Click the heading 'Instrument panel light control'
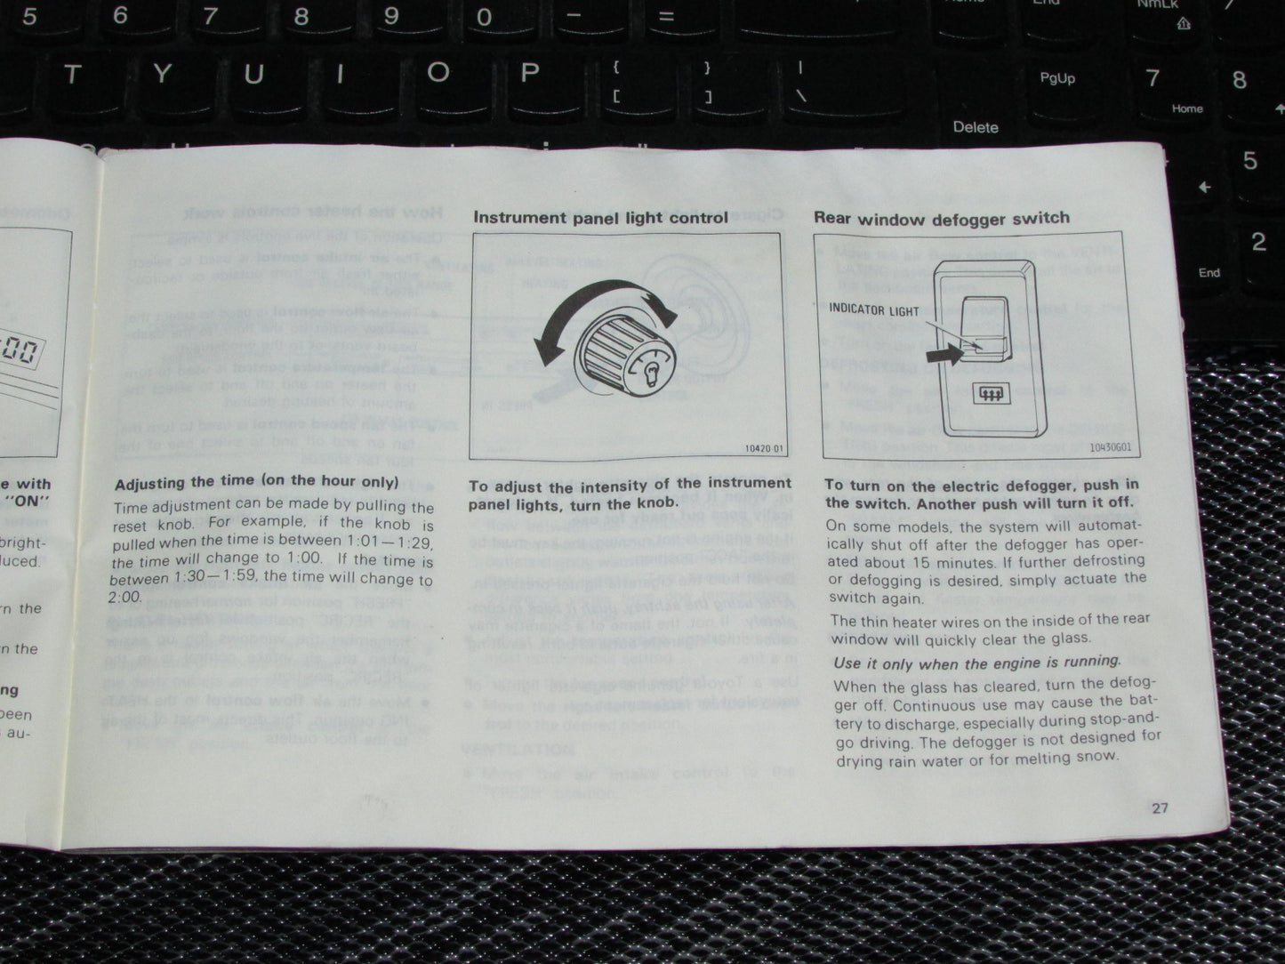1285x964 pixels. click(x=600, y=217)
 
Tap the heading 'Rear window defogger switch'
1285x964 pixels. click(x=941, y=218)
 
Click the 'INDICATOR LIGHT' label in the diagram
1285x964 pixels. click(x=874, y=310)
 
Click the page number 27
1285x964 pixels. click(x=1160, y=807)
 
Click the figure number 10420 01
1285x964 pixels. click(x=765, y=449)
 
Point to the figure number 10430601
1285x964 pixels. click(x=1110, y=447)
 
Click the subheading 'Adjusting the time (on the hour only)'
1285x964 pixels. click(x=256, y=483)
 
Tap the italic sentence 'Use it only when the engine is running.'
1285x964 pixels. click(x=976, y=663)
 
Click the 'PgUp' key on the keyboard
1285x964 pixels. click(x=1056, y=79)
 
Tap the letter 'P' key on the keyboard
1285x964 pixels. click(x=530, y=73)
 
